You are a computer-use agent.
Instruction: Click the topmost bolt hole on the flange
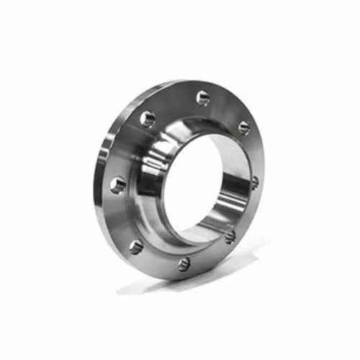[202, 98]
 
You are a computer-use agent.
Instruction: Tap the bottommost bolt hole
[184, 264]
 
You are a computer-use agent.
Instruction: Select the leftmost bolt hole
[117, 185]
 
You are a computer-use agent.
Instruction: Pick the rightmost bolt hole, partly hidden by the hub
[253, 182]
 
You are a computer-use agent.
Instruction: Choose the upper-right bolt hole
[244, 127]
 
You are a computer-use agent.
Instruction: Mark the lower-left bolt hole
[136, 247]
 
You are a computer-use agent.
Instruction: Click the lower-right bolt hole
[230, 235]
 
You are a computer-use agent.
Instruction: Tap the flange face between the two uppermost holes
[175, 103]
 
